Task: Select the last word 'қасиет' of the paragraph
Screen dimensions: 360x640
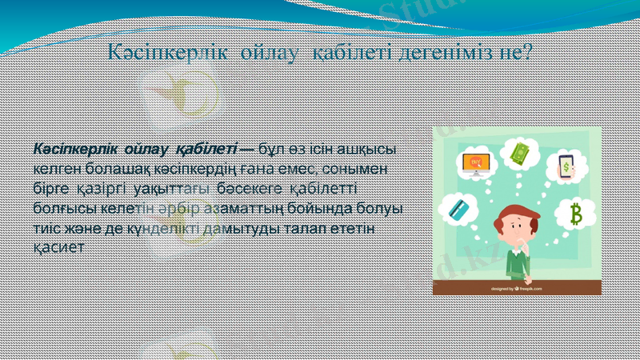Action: (57, 247)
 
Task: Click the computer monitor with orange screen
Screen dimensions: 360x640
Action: (478, 163)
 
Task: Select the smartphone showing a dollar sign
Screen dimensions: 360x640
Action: (566, 166)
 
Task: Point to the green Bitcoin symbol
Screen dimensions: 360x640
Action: (575, 214)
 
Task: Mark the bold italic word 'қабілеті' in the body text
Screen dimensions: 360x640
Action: (206, 149)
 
